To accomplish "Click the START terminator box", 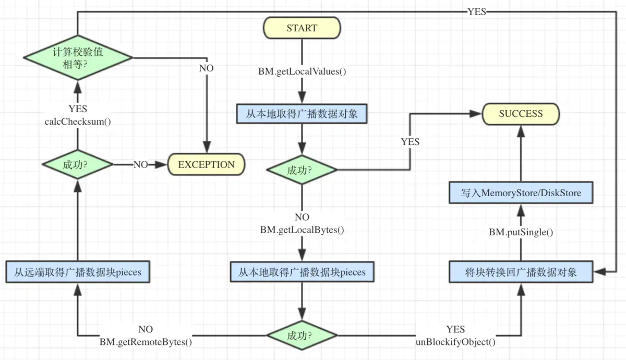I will [x=302, y=29].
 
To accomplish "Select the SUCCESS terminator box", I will [x=521, y=114].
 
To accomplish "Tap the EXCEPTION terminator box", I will [x=206, y=165].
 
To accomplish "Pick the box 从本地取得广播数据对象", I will [x=302, y=114].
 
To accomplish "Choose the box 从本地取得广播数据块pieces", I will [x=302, y=272].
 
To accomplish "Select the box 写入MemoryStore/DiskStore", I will [x=521, y=193].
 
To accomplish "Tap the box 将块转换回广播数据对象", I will [x=521, y=272].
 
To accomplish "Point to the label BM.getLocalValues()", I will [x=302, y=71].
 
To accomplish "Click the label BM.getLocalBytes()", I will [x=302, y=230].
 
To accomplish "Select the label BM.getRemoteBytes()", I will [x=146, y=342].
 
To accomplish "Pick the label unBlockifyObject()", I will [x=455, y=342].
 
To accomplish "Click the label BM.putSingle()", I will [x=521, y=233].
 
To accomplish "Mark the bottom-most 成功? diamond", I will [x=302, y=335].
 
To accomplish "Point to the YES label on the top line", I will [x=477, y=12].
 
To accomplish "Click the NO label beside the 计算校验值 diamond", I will [x=206, y=68].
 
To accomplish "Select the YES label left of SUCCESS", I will [x=410, y=141].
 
